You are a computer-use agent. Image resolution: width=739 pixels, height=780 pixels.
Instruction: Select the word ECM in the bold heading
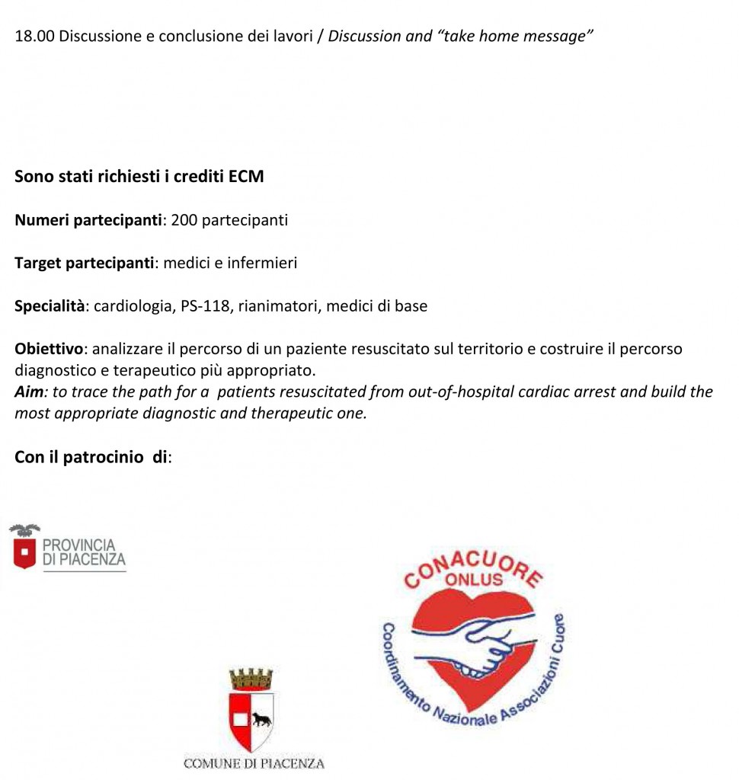click(x=246, y=177)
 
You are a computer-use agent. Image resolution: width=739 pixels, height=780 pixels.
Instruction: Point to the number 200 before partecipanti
click(x=184, y=221)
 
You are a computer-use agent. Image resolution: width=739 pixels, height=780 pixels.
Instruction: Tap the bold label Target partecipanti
click(x=85, y=264)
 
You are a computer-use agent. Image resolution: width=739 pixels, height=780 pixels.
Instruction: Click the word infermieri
click(x=261, y=264)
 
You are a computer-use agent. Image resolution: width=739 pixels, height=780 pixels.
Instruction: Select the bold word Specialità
click(x=50, y=307)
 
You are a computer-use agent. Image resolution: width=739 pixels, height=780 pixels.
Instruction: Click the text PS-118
click(x=210, y=307)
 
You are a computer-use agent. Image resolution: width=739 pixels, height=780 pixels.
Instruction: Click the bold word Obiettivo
click(x=49, y=350)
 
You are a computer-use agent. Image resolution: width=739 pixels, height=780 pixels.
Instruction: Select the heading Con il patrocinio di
click(x=92, y=458)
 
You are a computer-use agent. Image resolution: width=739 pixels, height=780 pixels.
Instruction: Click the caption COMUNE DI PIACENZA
click(x=254, y=763)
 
